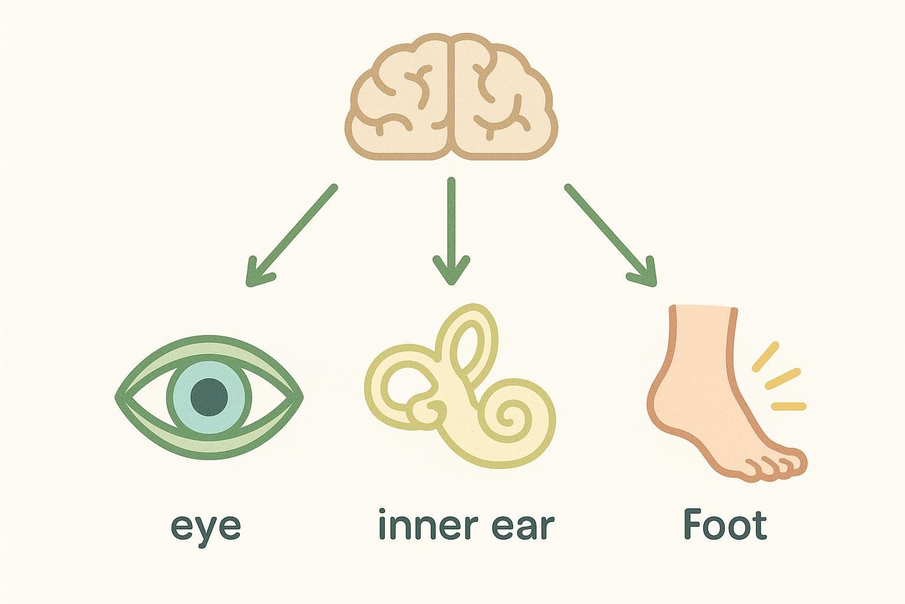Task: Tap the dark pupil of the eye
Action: [209, 396]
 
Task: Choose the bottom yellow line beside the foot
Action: [788, 406]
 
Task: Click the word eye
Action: [206, 527]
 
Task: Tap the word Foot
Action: [725, 525]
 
